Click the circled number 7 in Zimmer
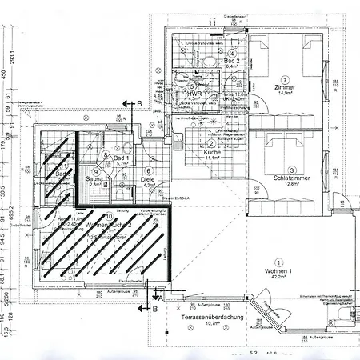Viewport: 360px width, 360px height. click(283, 78)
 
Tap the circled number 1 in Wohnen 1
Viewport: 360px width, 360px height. click(278, 262)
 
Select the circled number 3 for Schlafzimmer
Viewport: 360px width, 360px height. click(293, 170)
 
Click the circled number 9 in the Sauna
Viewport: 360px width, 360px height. click(96, 170)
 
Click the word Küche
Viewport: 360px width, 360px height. click(211, 151)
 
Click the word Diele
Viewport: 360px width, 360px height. click(148, 178)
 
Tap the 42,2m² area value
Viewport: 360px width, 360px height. click(279, 279)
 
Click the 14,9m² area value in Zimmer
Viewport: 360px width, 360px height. click(286, 94)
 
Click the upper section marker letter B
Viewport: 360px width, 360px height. click(138, 103)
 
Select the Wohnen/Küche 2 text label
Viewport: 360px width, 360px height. click(108, 226)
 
